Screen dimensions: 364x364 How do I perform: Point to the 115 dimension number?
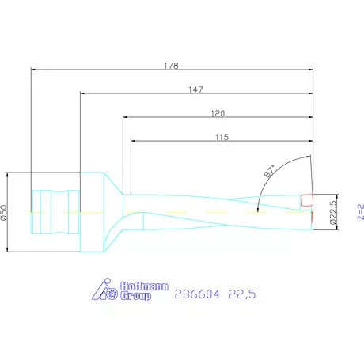(x=221, y=138)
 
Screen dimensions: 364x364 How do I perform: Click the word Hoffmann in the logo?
(x=146, y=287)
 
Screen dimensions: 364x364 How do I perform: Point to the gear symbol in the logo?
(x=112, y=295)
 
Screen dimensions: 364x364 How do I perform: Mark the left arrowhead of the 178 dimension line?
(x=33, y=70)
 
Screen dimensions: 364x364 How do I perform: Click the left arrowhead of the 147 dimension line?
(x=83, y=94)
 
